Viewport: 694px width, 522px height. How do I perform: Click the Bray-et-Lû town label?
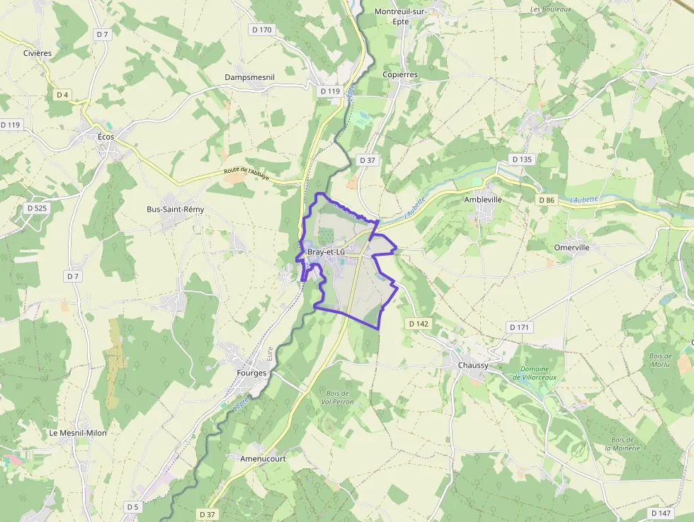(x=326, y=252)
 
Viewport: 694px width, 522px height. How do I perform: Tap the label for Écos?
(x=106, y=137)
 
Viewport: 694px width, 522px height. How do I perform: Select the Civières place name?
(x=37, y=54)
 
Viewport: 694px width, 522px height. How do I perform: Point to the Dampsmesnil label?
(x=249, y=76)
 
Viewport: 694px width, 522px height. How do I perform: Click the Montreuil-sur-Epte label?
(x=402, y=17)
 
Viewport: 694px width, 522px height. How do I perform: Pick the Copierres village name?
(x=400, y=74)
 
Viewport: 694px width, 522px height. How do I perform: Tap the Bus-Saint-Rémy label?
(x=175, y=210)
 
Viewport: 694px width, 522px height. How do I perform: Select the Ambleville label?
(x=483, y=200)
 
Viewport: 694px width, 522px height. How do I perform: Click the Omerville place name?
(x=572, y=248)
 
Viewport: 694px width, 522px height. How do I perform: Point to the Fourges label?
(x=251, y=373)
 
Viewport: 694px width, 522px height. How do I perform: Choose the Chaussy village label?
(x=473, y=365)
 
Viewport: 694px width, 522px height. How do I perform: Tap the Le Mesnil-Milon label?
(x=77, y=433)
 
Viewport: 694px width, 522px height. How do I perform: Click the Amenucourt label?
(x=262, y=458)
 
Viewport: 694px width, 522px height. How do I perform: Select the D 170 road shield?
(x=261, y=30)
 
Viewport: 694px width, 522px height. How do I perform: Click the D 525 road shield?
(x=36, y=208)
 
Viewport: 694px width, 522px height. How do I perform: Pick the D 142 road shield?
(x=419, y=324)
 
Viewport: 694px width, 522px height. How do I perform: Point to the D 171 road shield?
(x=519, y=327)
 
